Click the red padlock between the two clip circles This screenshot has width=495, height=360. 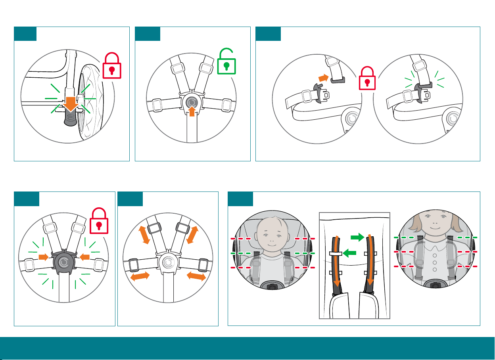pyautogui.click(x=367, y=79)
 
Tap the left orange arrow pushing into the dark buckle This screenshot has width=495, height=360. pyautogui.click(x=43, y=257)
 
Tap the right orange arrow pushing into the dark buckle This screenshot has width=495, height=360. pyautogui.click(x=84, y=257)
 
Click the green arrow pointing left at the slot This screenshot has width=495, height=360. pyautogui.click(x=349, y=253)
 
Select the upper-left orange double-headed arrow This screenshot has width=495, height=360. pyautogui.click(x=144, y=235)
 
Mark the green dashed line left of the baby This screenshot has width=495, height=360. pyautogui.click(x=240, y=253)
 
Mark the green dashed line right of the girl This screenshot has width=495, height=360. pyautogui.click(x=467, y=237)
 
